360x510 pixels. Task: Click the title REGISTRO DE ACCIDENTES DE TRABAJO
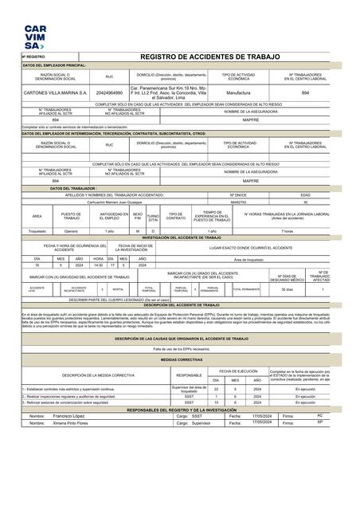point(210,57)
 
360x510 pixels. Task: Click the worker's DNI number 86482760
point(237,202)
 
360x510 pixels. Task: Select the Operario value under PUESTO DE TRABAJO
point(71,230)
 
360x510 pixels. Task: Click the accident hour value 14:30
point(98,265)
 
